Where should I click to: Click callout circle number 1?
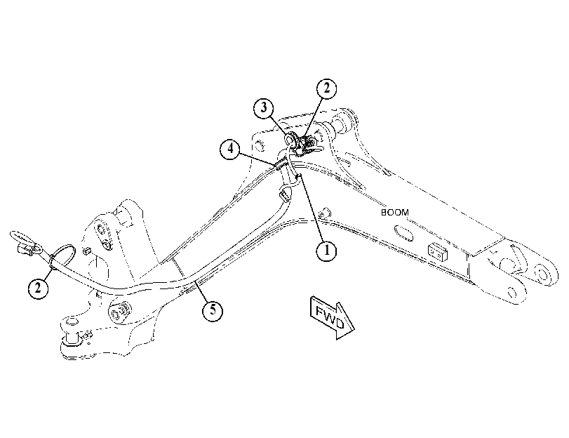click(326, 251)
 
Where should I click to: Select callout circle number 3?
click(264, 107)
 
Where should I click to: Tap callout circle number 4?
click(230, 149)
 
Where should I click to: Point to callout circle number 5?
click(213, 310)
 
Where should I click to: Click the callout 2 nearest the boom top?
click(326, 88)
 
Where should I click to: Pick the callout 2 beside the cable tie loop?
click(38, 288)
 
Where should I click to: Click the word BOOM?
click(395, 213)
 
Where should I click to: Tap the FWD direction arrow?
click(332, 317)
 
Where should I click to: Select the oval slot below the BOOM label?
click(403, 233)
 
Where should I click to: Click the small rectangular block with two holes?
click(438, 252)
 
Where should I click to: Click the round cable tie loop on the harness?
click(62, 256)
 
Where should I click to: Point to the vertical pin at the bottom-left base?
click(72, 331)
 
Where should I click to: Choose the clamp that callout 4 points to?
click(282, 164)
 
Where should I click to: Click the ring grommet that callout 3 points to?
click(290, 138)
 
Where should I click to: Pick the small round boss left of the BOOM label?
click(324, 213)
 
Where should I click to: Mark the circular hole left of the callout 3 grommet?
click(260, 145)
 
